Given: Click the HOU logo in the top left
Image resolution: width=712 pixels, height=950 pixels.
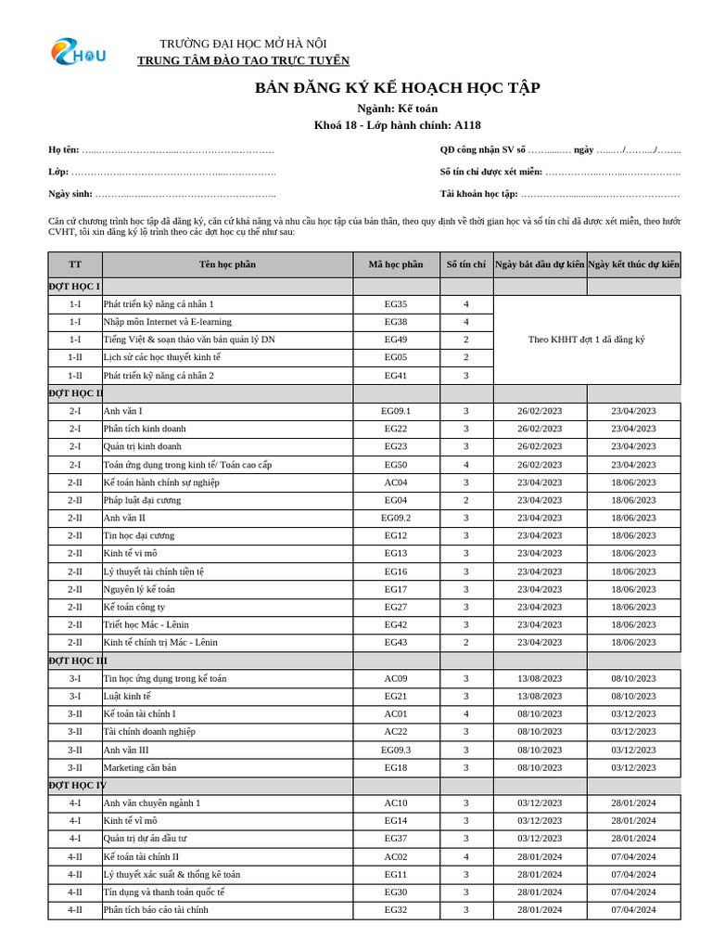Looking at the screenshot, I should [x=78, y=53].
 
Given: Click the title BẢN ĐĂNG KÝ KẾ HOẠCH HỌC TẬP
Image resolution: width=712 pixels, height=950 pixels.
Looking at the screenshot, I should [x=397, y=88].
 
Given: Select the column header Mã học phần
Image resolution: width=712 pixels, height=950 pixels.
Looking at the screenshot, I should [x=395, y=264].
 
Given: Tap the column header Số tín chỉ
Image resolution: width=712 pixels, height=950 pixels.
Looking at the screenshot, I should [x=465, y=264].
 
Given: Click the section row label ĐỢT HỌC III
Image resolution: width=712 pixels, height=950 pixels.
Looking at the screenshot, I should [x=78, y=661].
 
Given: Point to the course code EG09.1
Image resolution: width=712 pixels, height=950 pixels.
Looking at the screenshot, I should [x=395, y=411].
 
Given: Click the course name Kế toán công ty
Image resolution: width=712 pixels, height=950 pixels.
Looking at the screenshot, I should [x=134, y=607].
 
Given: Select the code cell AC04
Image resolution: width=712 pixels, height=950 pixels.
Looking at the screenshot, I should [x=395, y=482].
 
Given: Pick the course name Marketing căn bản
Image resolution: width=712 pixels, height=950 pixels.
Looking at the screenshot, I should [x=139, y=767].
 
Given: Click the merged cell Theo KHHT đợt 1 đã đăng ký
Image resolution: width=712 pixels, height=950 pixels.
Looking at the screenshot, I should [x=586, y=340].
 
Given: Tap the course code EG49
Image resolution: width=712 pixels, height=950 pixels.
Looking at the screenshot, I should [x=395, y=340].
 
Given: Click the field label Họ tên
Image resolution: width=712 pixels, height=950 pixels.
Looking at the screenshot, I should [x=63, y=149].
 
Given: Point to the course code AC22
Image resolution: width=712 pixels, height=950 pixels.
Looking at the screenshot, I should [x=395, y=731].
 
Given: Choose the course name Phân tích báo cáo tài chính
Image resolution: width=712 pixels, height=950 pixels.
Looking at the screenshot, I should [x=156, y=910].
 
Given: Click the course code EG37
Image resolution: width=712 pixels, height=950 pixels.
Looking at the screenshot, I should [x=395, y=839].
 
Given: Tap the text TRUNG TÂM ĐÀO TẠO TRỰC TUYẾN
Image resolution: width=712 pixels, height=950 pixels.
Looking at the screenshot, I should [x=243, y=61].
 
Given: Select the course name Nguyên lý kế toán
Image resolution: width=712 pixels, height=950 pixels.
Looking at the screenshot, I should [x=139, y=589].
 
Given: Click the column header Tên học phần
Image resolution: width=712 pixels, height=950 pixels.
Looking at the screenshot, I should [x=227, y=264].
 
